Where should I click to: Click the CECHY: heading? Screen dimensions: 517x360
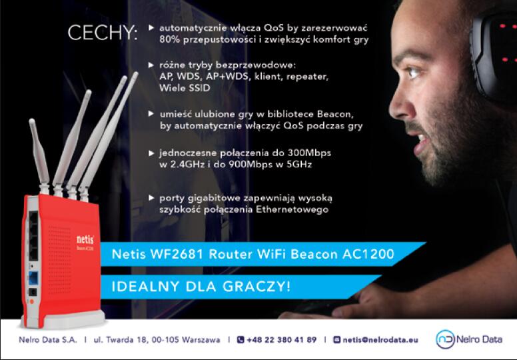[x=102, y=33]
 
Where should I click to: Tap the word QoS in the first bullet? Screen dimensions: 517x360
[x=273, y=28]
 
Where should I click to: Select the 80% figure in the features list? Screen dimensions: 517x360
[x=170, y=39]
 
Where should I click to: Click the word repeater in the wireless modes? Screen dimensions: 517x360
[x=307, y=77]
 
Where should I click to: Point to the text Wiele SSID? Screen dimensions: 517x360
[x=185, y=88]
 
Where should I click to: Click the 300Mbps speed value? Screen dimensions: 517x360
[x=309, y=153]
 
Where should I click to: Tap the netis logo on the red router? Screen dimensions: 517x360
[x=85, y=239]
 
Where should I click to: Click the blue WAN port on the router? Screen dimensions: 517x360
[x=33, y=278]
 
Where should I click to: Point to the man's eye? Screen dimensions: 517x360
[x=412, y=71]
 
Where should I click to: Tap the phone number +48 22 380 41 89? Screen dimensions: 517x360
[x=281, y=339]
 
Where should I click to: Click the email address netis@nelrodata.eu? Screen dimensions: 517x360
[x=380, y=339]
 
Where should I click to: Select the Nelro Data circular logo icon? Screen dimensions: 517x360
[x=445, y=339]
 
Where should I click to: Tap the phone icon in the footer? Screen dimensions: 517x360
[x=241, y=339]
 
